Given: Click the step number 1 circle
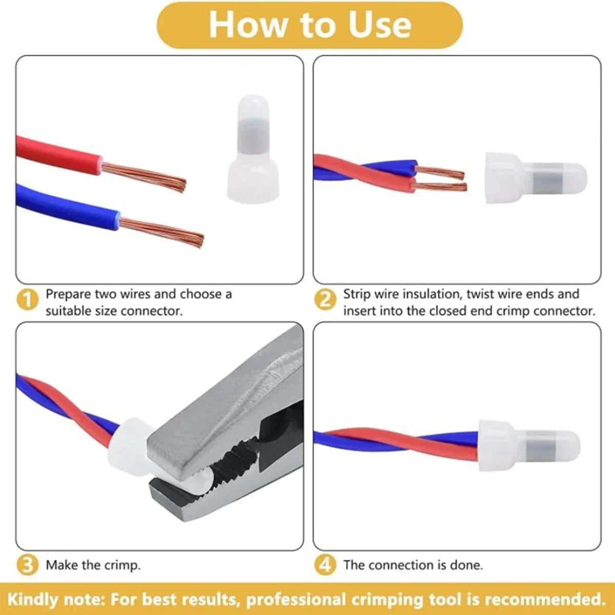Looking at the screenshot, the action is tap(28, 300).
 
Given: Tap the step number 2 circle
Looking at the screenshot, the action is tap(325, 300).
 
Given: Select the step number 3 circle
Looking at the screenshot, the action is tap(28, 565).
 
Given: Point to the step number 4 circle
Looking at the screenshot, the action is tap(325, 565).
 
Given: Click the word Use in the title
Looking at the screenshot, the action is tap(379, 26).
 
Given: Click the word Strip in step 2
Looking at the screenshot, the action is tap(356, 294).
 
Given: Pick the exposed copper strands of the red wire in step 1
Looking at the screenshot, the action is tap(143, 177).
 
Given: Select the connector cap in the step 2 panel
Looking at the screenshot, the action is tap(536, 177).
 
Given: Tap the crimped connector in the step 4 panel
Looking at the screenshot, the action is tap(529, 445).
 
